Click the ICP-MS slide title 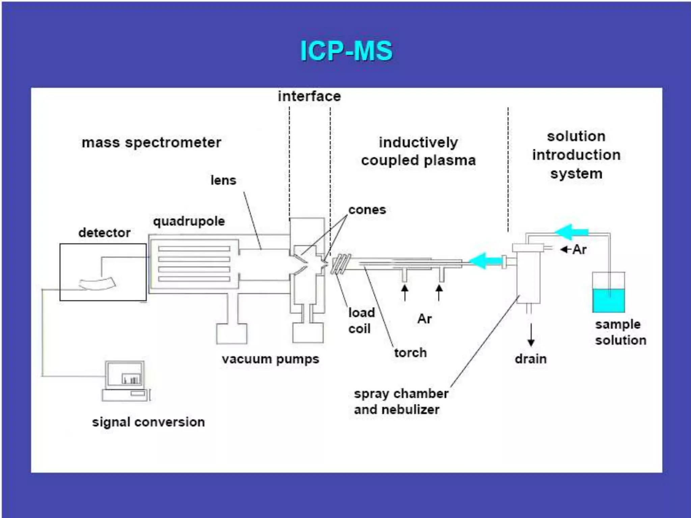[347, 51]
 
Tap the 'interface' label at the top [309, 96]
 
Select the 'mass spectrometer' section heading [151, 143]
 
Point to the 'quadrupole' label [189, 222]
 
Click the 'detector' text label [104, 233]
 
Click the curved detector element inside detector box [98, 283]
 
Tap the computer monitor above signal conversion [125, 375]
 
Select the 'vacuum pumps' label [270, 359]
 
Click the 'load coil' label [361, 320]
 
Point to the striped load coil [341, 264]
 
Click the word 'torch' [410, 353]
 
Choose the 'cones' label [367, 210]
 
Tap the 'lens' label [223, 180]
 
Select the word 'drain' [530, 359]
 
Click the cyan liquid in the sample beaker [609, 300]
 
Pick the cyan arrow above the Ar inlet [572, 232]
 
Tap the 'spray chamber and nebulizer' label [401, 402]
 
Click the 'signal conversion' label [148, 422]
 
